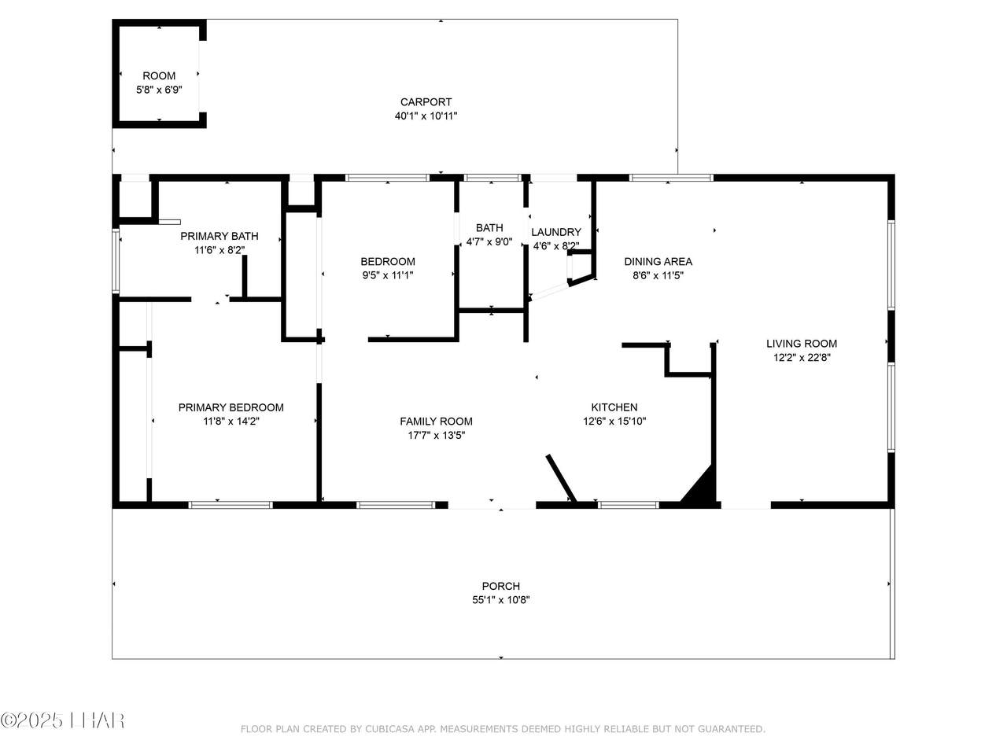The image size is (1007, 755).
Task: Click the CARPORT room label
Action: coord(426,101)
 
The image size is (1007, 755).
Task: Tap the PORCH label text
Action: coord(500,586)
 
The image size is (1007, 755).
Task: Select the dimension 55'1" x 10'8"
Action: coord(500,600)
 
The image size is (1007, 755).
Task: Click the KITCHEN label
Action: coord(614,407)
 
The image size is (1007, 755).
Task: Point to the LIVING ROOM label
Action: coord(802,344)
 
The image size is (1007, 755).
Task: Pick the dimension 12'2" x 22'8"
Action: coord(802,358)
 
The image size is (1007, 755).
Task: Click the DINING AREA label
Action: coord(658,262)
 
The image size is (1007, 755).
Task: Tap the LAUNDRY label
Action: coord(556,233)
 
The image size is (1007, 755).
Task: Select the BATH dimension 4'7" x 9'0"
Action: coord(489,241)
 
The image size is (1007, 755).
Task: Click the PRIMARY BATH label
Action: coord(219,236)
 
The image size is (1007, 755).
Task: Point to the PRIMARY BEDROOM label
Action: coord(231,407)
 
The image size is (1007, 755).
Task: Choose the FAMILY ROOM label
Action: coord(436,422)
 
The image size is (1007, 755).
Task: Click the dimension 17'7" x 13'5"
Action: coord(437,436)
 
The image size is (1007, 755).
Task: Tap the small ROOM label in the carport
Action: coord(159,75)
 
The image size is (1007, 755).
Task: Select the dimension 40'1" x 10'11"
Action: coord(426,116)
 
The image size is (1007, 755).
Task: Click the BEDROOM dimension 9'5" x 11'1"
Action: coord(388,275)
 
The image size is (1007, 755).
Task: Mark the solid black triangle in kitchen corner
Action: coord(703,488)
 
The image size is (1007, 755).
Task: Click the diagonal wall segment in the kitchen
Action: coord(561,478)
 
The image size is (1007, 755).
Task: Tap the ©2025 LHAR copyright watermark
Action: coord(62,721)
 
